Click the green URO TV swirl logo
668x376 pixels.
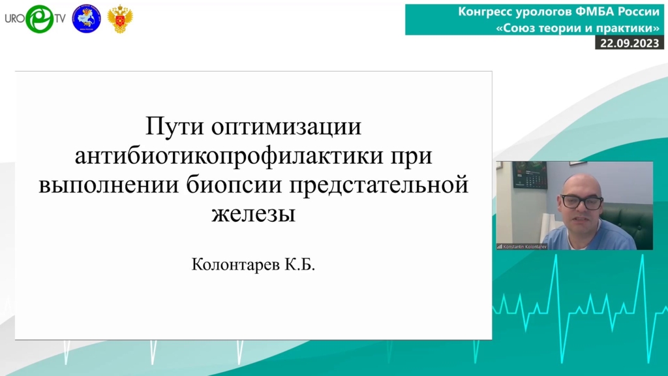pos(40,19)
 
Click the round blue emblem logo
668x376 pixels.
pos(87,19)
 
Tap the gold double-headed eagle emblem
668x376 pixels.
pos(120,19)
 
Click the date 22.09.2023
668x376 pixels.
pos(630,43)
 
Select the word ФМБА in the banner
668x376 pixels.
pos(595,12)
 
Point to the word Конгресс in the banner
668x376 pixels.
pos(485,12)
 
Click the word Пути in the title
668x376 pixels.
pos(175,127)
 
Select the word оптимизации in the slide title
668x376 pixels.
pos(286,127)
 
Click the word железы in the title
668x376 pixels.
pos(254,214)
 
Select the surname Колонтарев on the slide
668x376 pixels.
pos(235,265)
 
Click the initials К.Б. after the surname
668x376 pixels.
pos(300,264)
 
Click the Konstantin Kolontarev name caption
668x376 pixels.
pos(524,246)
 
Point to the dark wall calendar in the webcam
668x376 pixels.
pos(530,175)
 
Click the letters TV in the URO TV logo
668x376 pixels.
pos(60,19)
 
